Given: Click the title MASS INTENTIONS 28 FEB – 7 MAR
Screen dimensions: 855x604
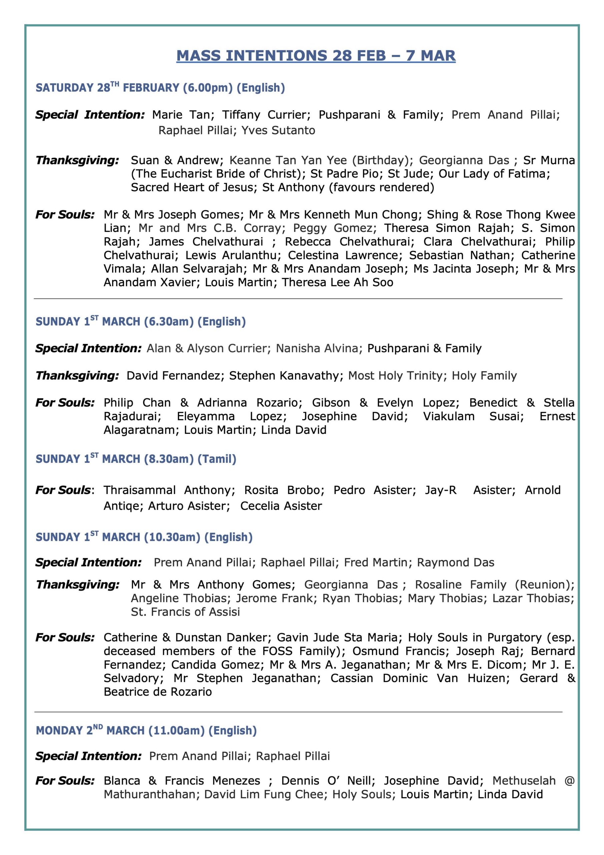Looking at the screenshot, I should [x=316, y=56].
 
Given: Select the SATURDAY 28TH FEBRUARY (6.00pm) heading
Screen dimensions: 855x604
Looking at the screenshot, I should [x=160, y=88].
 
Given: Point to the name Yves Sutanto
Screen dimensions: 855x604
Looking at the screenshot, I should [x=278, y=130].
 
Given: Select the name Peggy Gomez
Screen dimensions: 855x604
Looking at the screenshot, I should [x=333, y=228].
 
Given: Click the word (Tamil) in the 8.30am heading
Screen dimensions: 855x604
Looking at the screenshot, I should [x=217, y=459].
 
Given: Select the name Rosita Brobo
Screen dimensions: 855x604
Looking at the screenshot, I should [x=284, y=490].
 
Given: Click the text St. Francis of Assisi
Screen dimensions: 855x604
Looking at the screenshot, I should [x=185, y=612].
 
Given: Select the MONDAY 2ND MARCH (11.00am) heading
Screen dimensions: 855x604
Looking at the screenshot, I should [x=146, y=731].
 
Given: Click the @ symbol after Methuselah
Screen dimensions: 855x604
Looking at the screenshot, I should [x=569, y=781].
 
